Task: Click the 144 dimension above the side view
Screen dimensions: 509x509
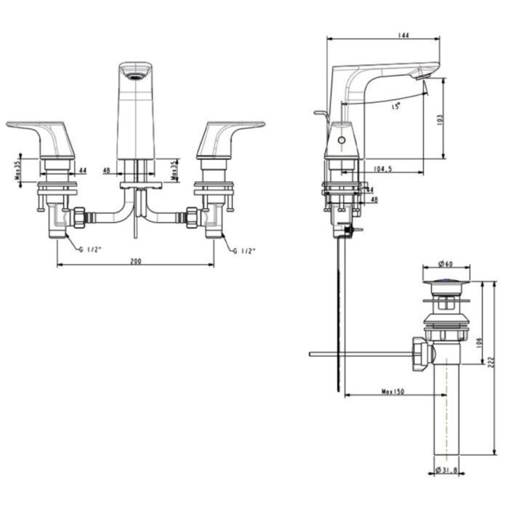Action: pos(384,34)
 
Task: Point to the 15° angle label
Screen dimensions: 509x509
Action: pos(396,106)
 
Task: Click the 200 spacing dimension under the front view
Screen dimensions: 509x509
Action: pos(135,260)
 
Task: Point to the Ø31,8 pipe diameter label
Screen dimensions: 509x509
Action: pos(449,470)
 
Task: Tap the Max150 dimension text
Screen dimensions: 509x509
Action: pos(393,393)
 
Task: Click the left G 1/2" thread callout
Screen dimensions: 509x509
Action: pos(91,250)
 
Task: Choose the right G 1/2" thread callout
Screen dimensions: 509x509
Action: pos(244,250)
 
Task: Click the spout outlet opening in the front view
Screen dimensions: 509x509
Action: pos(135,72)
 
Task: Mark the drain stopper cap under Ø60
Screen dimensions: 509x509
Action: pos(446,277)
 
